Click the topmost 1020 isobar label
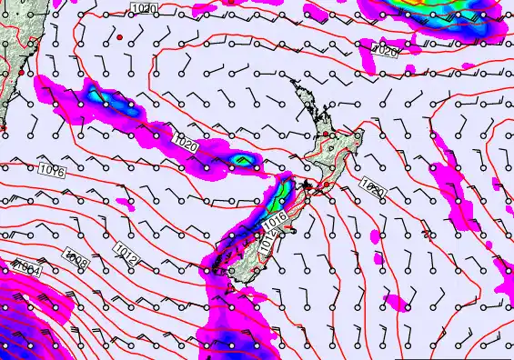(143, 8)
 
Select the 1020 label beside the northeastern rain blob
(385, 51)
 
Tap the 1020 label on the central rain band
(186, 145)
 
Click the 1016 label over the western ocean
(52, 169)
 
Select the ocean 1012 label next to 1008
(126, 248)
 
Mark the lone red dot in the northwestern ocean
(118, 37)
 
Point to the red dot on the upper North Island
(332, 135)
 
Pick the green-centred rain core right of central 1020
(241, 161)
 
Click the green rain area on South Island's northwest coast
(280, 194)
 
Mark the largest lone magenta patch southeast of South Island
(394, 301)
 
